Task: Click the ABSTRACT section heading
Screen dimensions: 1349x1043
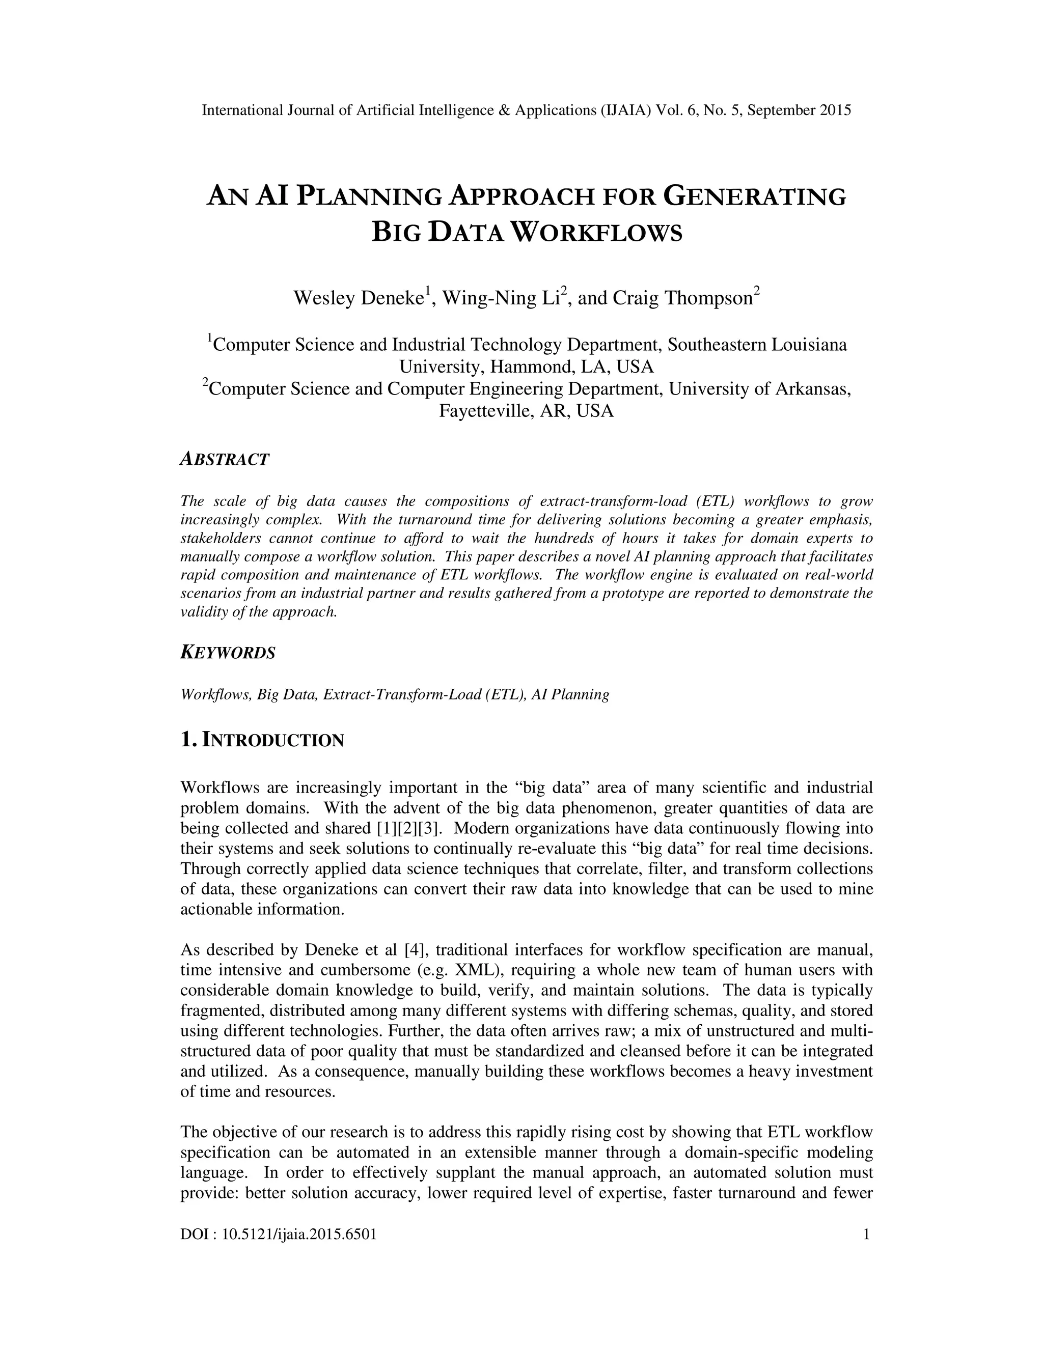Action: (225, 460)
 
